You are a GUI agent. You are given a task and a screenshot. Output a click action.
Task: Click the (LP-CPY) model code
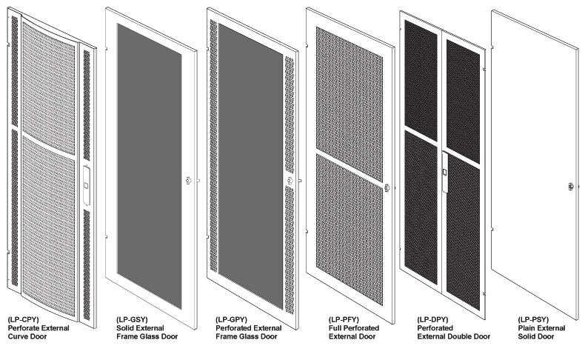23,320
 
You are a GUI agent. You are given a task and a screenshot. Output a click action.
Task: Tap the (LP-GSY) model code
132,320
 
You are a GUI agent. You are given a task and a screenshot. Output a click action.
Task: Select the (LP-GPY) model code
231,320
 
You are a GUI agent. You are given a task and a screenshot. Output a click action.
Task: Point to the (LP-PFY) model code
344,320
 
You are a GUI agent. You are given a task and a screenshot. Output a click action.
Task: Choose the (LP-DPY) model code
432,320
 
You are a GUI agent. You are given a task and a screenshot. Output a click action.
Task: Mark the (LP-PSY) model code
533,320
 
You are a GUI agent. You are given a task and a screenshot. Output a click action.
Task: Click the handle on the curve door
86,185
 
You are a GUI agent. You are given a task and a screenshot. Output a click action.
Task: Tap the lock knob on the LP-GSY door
189,181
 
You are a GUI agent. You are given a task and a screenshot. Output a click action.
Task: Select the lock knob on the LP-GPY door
290,181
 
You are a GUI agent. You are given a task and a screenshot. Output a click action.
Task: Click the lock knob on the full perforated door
387,187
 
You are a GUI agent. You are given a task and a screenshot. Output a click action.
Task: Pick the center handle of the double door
445,172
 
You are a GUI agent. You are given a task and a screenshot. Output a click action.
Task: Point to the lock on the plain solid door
570,187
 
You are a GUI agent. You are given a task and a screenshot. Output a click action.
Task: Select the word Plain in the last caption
526,328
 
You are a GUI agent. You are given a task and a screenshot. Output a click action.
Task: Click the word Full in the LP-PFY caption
335,328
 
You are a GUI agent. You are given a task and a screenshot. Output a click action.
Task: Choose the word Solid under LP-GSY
125,328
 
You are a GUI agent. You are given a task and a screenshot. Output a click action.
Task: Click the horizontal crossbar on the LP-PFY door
350,168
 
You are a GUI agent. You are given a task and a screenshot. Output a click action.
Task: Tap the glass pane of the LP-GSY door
150,167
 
